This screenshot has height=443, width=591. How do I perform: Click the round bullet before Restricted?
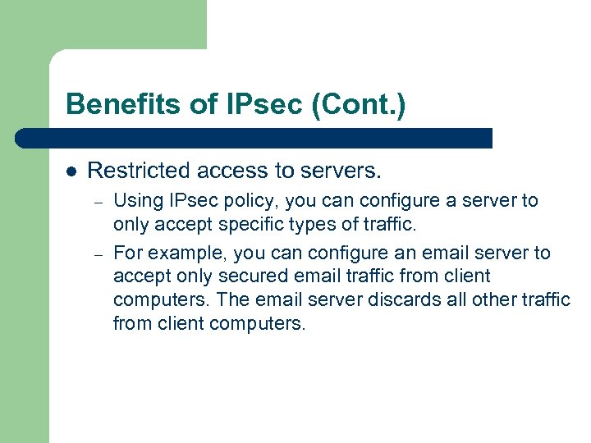tap(71, 171)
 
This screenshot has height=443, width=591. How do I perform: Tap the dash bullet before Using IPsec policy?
tap(96, 201)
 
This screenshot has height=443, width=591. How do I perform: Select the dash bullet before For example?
tap(96, 253)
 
